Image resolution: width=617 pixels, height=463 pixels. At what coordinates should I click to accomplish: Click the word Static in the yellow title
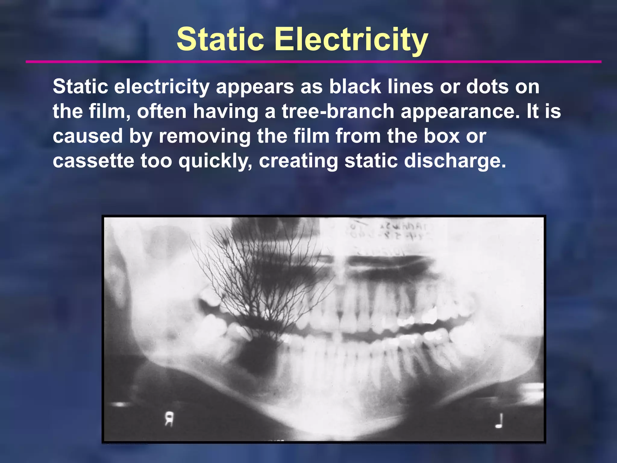coord(220,39)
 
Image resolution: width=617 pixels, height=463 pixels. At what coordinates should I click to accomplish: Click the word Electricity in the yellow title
coord(351,39)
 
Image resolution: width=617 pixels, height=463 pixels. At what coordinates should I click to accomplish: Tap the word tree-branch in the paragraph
coord(338,111)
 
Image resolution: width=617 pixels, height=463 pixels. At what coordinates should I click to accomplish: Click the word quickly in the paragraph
coord(215,161)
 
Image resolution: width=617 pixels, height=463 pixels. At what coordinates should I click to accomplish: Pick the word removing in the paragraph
coord(205,136)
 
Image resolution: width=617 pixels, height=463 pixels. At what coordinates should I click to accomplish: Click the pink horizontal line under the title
coord(313,62)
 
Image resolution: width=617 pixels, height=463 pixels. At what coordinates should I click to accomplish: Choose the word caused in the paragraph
coord(88,136)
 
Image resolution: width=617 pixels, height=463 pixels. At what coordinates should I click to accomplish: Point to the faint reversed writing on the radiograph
coord(401,231)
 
